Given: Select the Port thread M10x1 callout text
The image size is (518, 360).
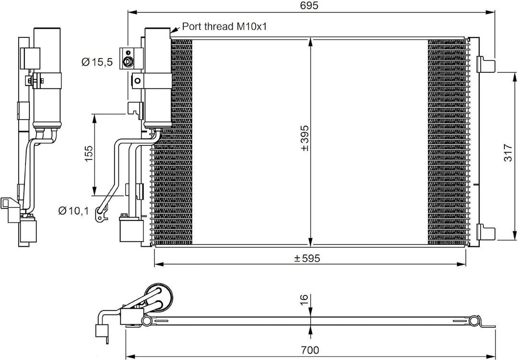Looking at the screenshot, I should (x=224, y=27).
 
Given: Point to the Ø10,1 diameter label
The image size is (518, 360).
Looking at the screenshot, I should (x=73, y=210).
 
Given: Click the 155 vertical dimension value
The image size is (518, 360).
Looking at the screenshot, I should (x=89, y=154).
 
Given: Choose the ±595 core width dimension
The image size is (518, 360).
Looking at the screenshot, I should (x=307, y=258).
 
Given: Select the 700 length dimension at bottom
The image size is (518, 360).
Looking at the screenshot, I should (x=311, y=351).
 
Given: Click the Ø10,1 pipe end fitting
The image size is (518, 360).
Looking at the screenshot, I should (x=100, y=212).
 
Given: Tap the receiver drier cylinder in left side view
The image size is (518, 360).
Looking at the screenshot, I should (x=47, y=77).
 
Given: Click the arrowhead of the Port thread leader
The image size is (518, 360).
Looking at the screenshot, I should (x=173, y=32).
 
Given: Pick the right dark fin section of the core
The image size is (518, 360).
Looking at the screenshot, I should (x=446, y=139).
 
